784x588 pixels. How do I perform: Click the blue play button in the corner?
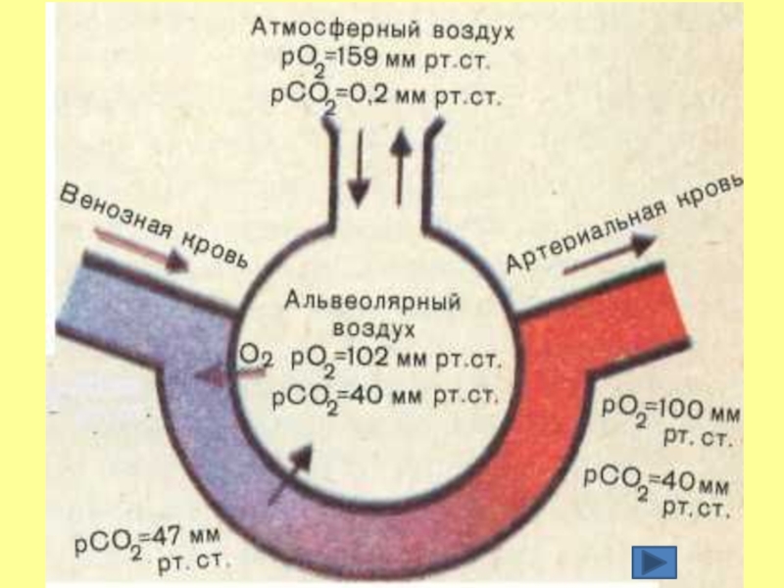click(x=654, y=563)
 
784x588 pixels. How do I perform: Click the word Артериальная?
click(x=596, y=232)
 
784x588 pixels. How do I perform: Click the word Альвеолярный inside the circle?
click(x=372, y=299)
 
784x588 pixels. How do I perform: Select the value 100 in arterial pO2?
click(x=674, y=407)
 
